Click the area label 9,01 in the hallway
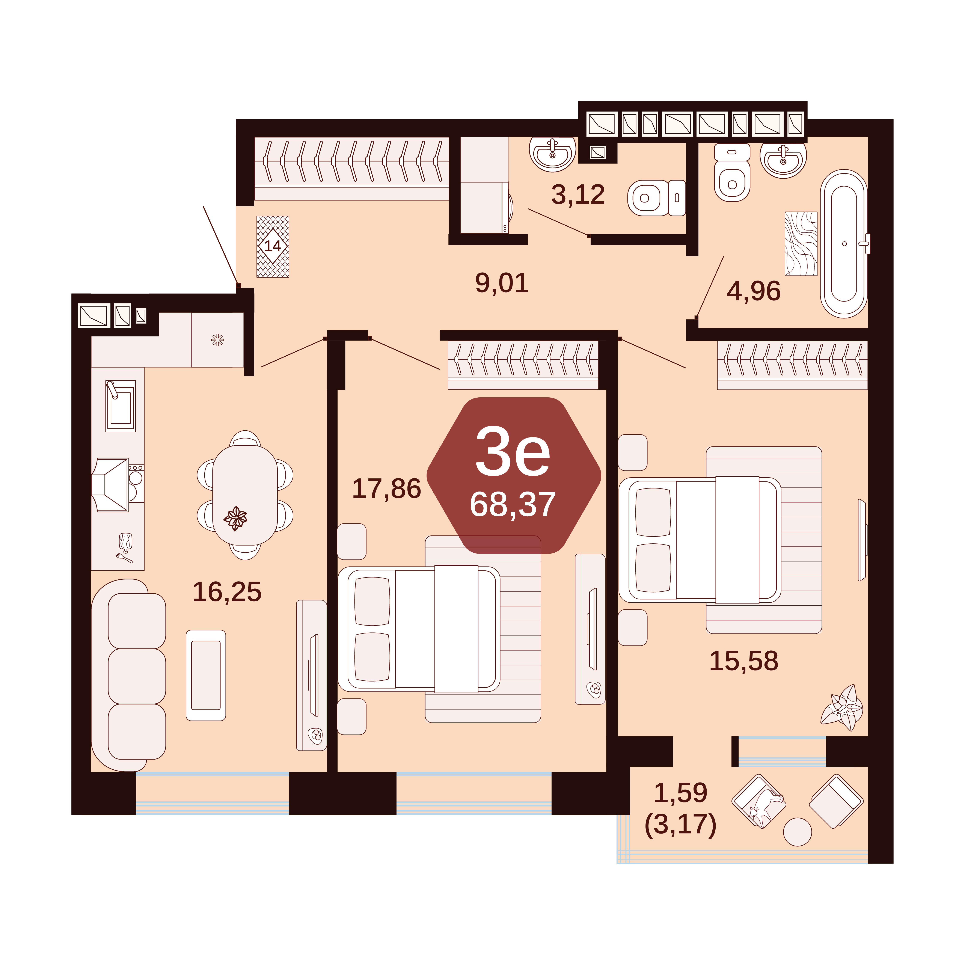coord(502,283)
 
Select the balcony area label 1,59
coord(680,793)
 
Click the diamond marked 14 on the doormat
coord(273,246)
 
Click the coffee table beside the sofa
coord(206,675)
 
